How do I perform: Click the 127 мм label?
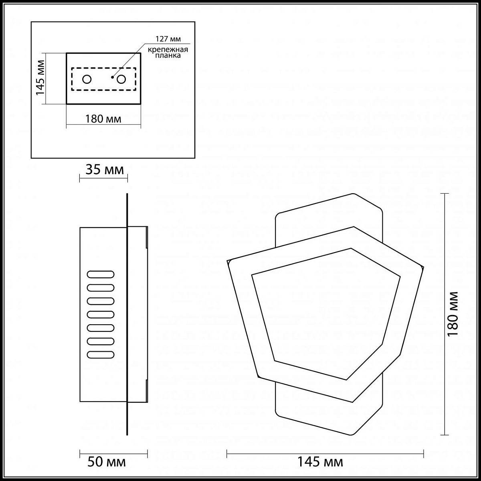point(168,39)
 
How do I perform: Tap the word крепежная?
point(168,50)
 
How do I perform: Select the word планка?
point(168,55)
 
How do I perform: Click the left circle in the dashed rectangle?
point(87,79)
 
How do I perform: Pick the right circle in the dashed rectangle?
point(121,79)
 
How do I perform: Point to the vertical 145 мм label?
point(40,78)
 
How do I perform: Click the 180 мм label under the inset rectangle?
point(103,119)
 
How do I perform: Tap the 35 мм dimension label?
point(105,170)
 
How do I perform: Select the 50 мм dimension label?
point(107,462)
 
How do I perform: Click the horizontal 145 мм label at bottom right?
point(320,462)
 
